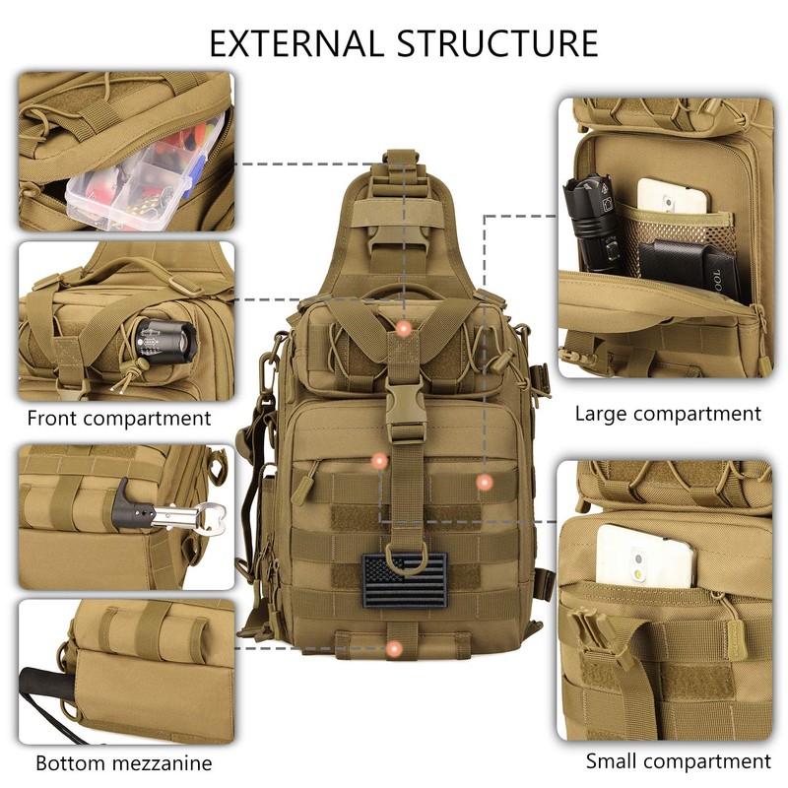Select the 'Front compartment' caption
(x=119, y=418)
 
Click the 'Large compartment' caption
(x=668, y=414)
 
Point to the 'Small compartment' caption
(x=678, y=760)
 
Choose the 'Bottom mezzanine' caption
(x=124, y=762)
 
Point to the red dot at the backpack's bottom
(x=394, y=648)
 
